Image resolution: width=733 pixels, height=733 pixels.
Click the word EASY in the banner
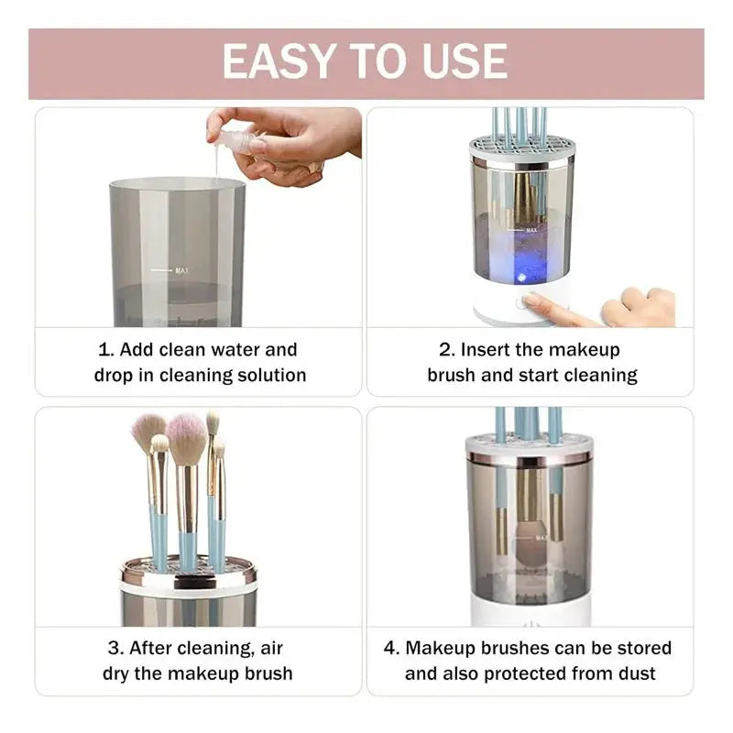[x=279, y=61]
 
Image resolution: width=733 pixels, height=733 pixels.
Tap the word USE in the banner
[x=465, y=61]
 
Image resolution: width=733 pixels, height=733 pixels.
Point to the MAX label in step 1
[x=181, y=270]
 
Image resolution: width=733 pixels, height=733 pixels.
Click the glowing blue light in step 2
[x=521, y=277]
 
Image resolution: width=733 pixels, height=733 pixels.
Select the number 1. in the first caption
[x=105, y=350]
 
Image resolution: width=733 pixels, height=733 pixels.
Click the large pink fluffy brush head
[x=187, y=438]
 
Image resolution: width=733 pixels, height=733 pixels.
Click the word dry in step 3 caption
[x=115, y=674]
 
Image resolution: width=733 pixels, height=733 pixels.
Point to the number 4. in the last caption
[x=392, y=649]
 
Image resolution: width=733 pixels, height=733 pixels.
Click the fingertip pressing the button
[x=530, y=300]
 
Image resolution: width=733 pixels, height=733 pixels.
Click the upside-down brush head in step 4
[x=531, y=543]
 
